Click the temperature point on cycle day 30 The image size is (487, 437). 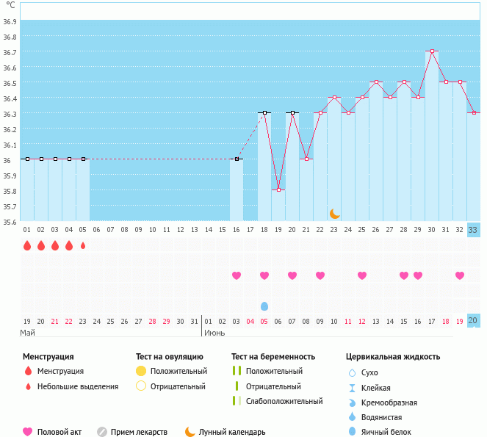432,51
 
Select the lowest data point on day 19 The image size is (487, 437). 278,190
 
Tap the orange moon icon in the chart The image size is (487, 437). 335,214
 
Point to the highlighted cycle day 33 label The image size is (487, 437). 474,229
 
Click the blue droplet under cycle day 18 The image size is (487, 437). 264,306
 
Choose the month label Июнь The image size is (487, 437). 214,333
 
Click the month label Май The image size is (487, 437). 27,333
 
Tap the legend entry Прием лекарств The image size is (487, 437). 140,432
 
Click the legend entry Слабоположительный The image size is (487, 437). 284,401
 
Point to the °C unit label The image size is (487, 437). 10,5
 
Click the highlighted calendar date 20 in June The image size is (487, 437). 474,321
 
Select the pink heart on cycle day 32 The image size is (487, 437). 460,275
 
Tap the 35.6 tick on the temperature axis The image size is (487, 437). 10,222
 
